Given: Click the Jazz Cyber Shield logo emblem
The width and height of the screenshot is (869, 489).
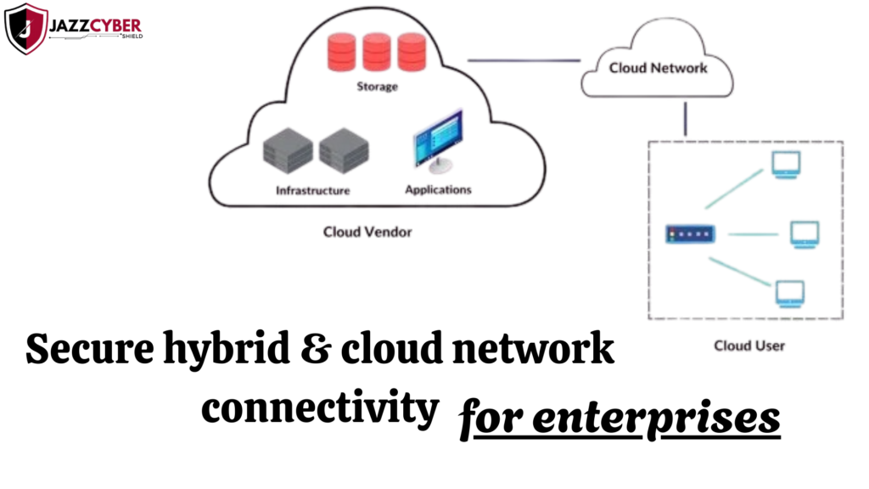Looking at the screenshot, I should (x=26, y=28).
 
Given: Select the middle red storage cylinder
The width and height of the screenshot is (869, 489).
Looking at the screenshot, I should (x=376, y=52).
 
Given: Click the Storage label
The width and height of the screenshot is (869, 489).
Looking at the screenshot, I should (x=377, y=87).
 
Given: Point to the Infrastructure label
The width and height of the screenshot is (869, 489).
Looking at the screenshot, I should (x=312, y=190).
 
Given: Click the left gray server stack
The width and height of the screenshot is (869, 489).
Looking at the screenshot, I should (x=288, y=151).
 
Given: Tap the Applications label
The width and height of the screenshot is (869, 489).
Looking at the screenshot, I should (x=438, y=189).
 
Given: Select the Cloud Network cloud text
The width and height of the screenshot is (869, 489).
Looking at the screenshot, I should (x=658, y=67).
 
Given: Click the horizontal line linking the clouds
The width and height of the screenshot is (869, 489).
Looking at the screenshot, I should (x=524, y=60).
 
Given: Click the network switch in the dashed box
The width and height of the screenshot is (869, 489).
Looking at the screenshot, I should (x=690, y=233).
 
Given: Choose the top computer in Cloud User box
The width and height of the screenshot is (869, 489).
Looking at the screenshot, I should (x=785, y=163).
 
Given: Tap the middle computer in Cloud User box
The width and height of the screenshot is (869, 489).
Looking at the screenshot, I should (x=804, y=233).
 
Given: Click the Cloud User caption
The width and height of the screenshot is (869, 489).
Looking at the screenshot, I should (x=749, y=346).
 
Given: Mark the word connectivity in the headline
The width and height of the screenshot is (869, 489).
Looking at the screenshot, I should (x=320, y=408).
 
